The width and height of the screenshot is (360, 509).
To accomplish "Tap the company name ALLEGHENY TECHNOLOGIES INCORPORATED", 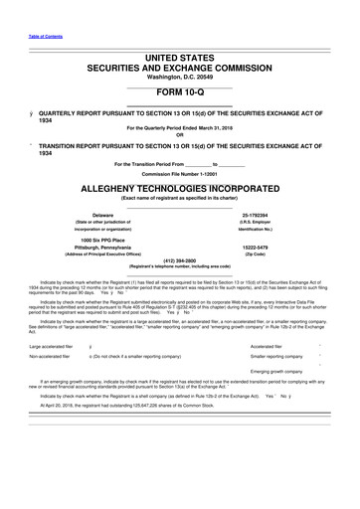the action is point(180,186).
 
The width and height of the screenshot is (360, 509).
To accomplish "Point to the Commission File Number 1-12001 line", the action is point(179,172).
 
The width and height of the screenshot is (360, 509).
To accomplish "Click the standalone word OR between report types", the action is point(179,135).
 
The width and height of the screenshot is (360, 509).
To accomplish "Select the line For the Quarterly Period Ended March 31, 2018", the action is point(179,127).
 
